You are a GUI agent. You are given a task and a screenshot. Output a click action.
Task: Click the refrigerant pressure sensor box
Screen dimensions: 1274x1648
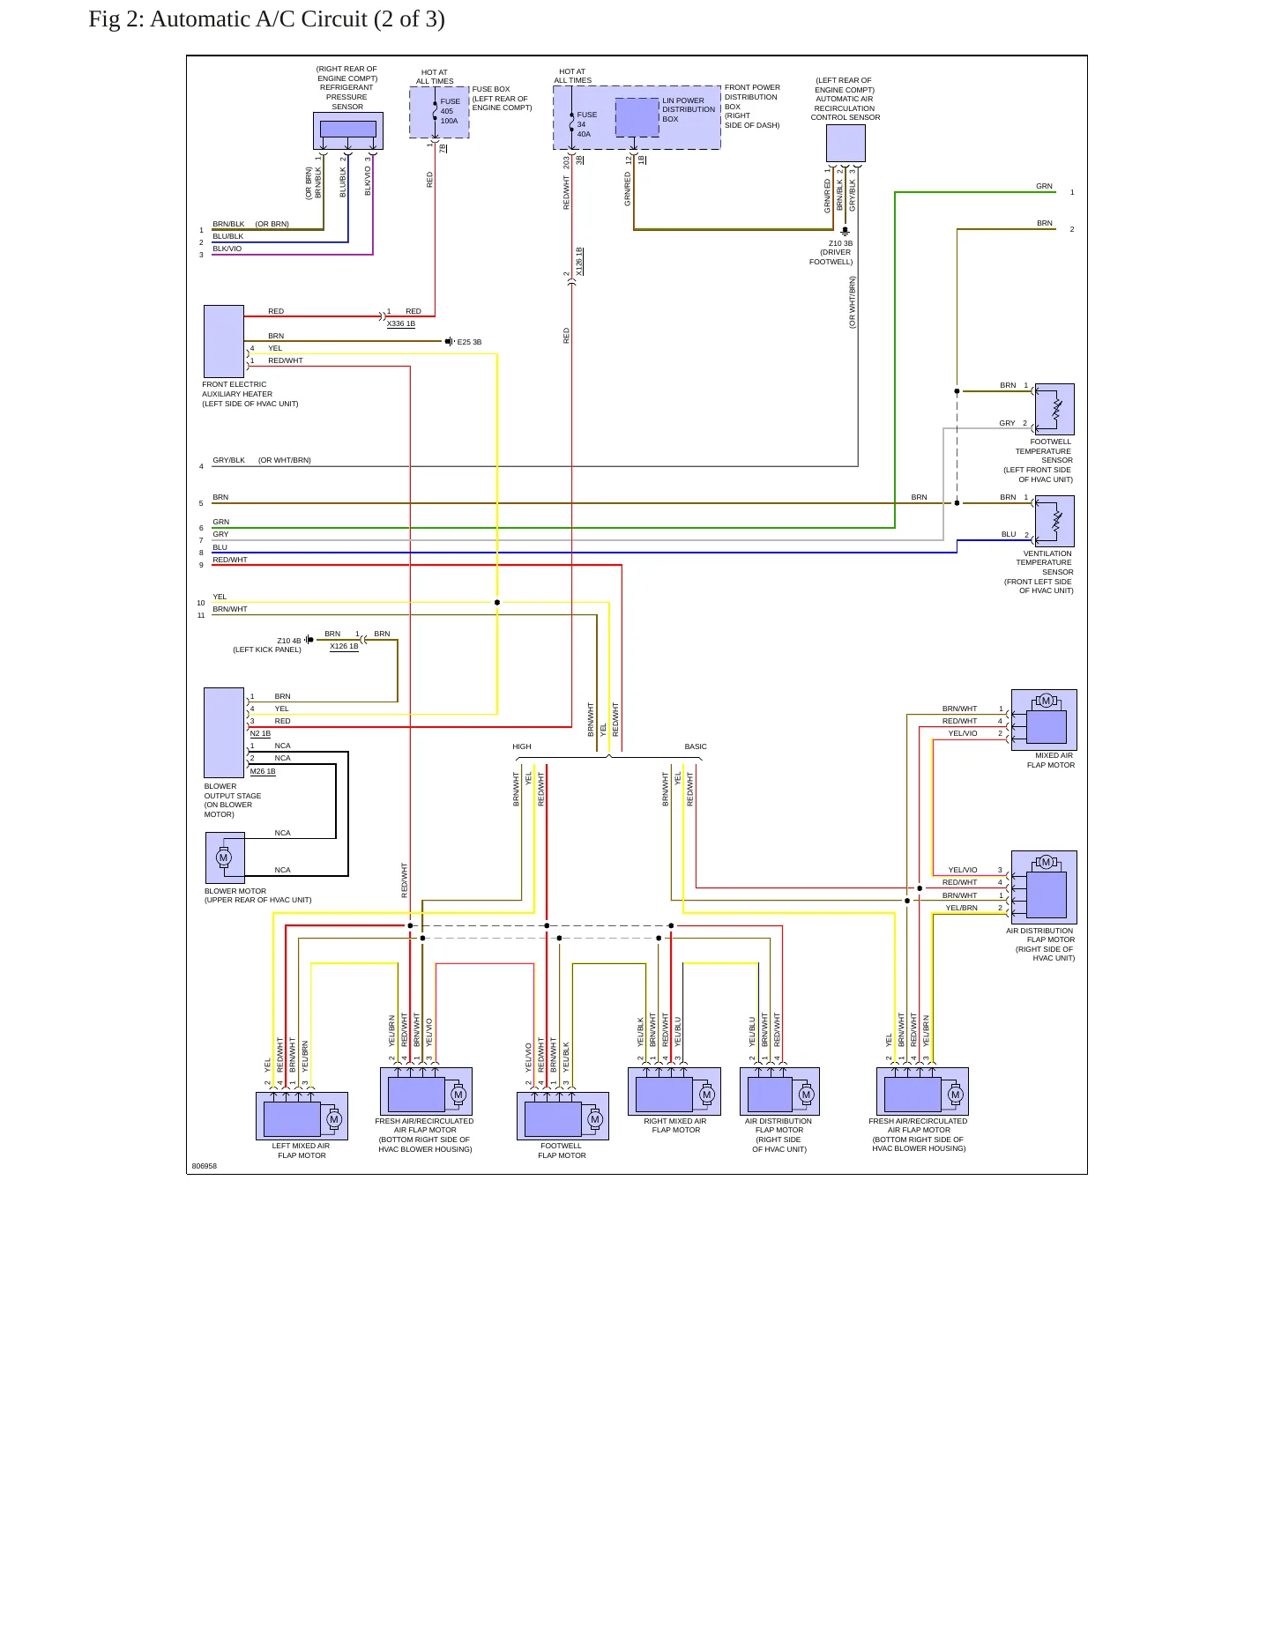348,131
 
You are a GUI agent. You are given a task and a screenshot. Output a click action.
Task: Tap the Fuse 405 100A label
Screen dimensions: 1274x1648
450,111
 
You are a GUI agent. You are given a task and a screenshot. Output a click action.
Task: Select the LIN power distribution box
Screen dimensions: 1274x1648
637,117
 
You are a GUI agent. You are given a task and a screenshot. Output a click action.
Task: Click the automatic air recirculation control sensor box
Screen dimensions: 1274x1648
846,143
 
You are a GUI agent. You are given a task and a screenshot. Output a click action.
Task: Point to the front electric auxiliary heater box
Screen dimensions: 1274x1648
224,342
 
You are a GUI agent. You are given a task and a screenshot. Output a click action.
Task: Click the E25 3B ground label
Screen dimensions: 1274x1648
469,342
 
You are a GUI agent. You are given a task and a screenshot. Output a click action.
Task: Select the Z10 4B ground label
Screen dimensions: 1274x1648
288,641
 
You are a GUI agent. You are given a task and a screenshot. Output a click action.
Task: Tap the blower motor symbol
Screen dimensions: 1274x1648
225,857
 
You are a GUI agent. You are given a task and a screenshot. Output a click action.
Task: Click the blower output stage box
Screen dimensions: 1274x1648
224,732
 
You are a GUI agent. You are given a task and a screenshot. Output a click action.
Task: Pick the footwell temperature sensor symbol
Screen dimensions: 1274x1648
1054,409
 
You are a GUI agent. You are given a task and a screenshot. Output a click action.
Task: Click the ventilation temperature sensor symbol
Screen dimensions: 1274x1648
1054,521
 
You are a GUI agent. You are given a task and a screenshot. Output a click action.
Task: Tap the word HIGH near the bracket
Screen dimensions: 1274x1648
522,746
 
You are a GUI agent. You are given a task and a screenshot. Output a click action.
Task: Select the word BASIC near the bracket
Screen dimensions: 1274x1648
696,746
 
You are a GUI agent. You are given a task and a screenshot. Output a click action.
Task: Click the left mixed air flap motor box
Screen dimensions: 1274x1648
302,1116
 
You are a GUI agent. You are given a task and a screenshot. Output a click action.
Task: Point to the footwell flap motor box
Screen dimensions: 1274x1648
562,1116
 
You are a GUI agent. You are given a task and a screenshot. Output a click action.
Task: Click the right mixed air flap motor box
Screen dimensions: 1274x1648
674,1091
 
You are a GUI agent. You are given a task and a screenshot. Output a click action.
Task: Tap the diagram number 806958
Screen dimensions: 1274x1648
205,1166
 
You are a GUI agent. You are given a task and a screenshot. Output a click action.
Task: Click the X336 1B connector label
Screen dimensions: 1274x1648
401,323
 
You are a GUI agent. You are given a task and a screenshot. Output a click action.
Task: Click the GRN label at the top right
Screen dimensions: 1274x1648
1044,186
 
